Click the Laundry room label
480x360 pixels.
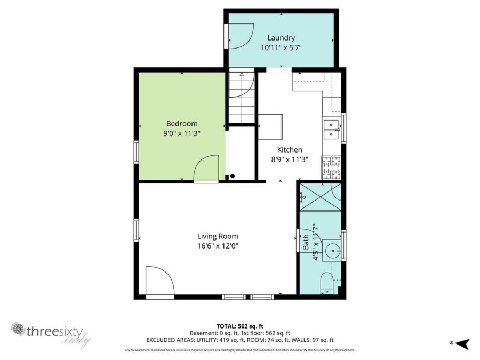coord(281,38)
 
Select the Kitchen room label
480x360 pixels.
coord(290,150)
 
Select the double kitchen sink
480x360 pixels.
coord(331,129)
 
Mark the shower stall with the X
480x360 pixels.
coord(320,196)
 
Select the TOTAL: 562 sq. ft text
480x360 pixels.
coord(239,325)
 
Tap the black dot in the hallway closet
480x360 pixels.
coord(233,177)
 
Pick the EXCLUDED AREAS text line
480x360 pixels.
coord(239,340)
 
